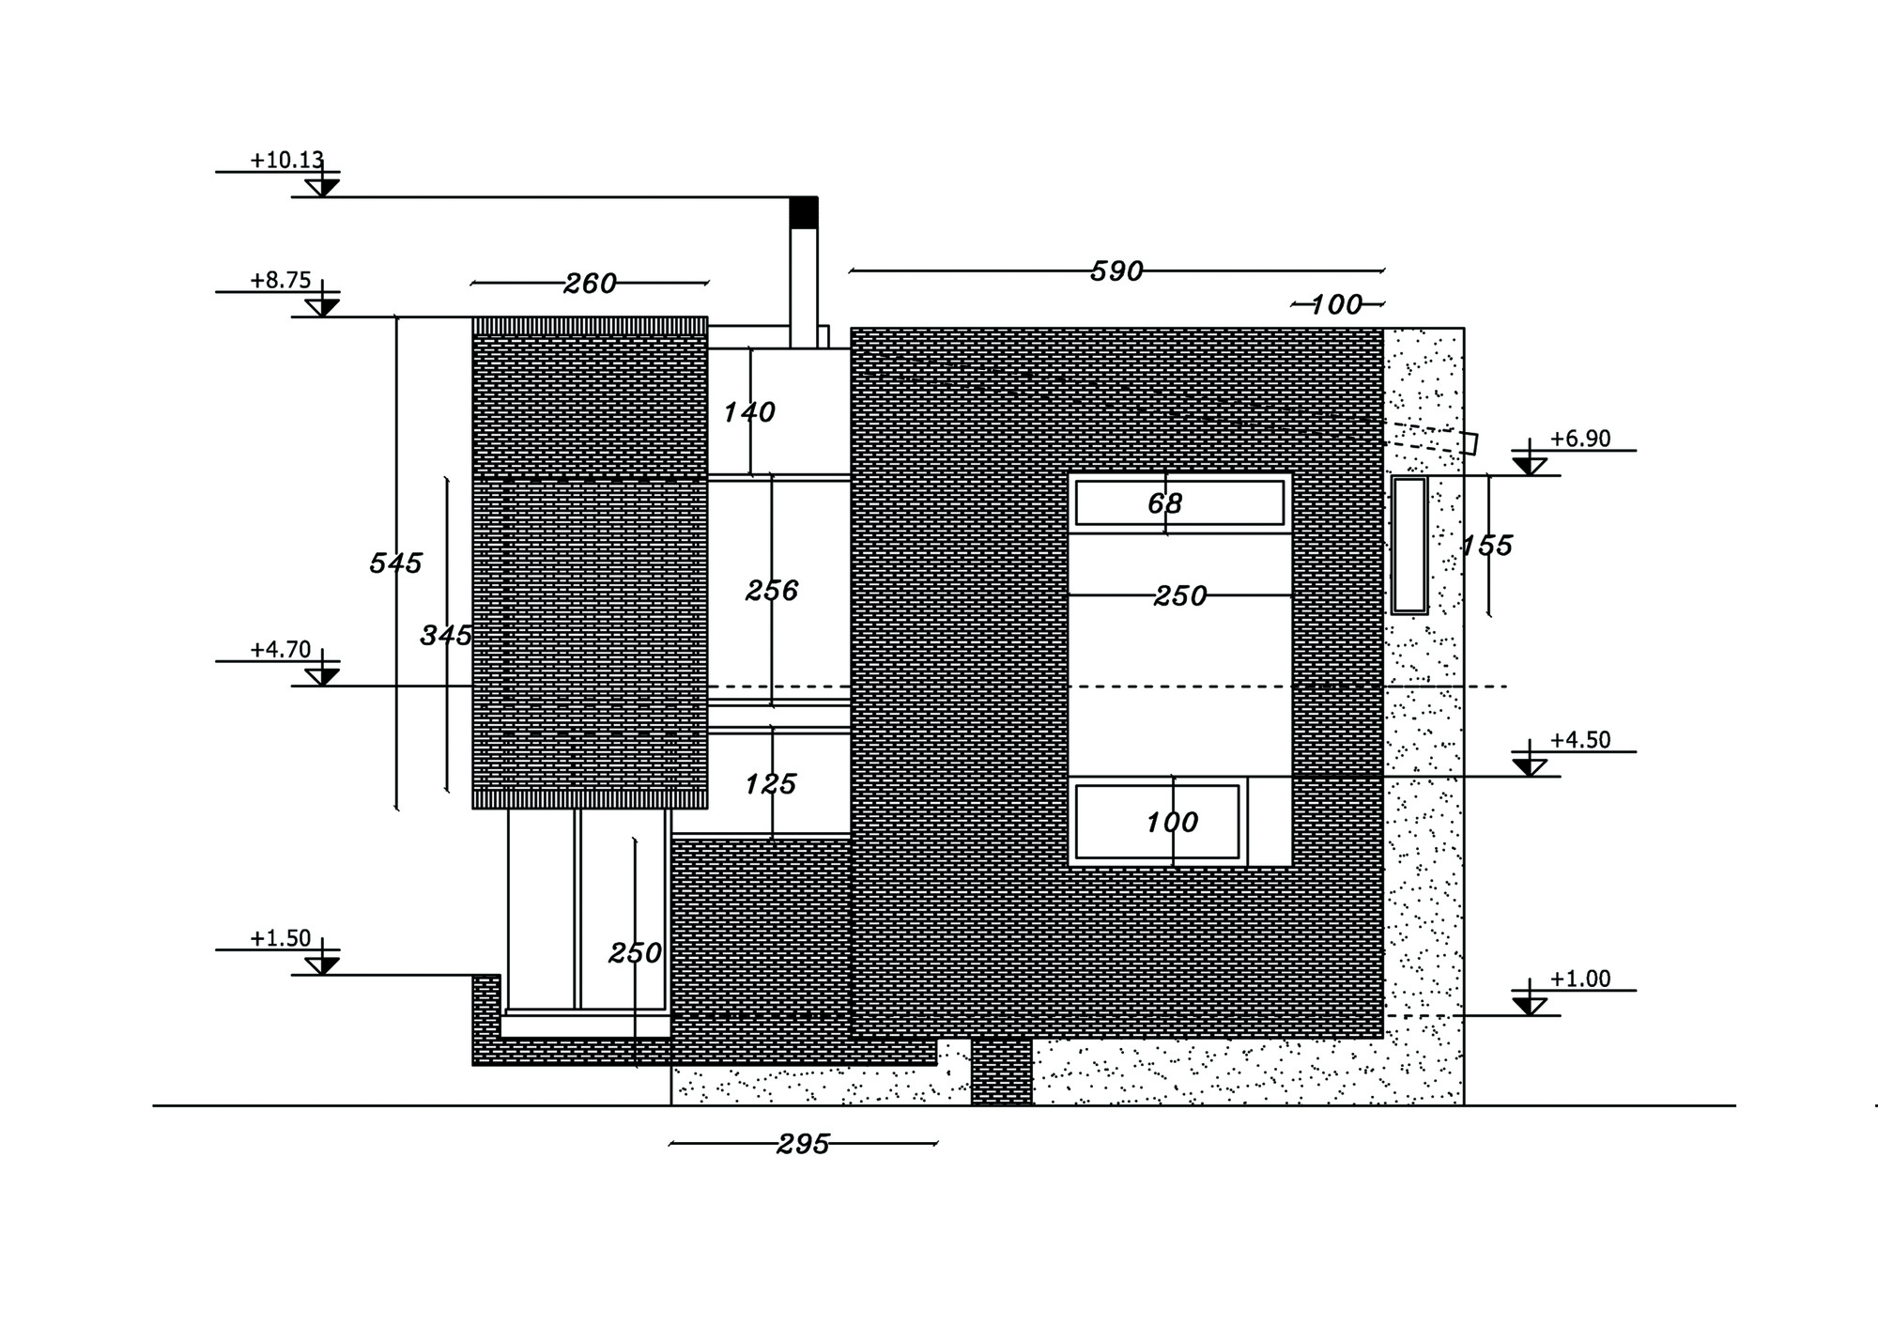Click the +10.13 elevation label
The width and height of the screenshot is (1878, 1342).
point(286,160)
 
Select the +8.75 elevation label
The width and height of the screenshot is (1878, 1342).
point(280,280)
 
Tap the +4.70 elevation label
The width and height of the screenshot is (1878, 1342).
point(280,650)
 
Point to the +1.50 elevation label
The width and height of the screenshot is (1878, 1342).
point(280,938)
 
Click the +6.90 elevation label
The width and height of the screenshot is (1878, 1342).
point(1579,439)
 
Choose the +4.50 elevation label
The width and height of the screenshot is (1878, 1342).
point(1579,740)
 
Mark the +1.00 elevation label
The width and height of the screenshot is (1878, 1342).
point(1579,979)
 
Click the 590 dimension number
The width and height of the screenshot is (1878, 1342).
point(1116,271)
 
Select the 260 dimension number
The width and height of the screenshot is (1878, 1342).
point(590,283)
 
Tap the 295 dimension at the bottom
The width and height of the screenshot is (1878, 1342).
point(804,1144)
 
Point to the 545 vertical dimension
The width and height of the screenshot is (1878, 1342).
point(395,563)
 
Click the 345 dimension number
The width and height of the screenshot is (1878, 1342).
point(446,636)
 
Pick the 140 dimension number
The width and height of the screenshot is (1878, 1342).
point(748,412)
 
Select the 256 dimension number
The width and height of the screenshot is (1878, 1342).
point(772,591)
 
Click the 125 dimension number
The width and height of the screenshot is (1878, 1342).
point(771,784)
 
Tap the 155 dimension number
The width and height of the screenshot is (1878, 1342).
point(1486,546)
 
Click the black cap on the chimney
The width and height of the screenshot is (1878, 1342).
point(803,212)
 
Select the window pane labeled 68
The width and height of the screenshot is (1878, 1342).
point(1179,503)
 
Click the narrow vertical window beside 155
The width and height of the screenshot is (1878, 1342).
point(1408,545)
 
